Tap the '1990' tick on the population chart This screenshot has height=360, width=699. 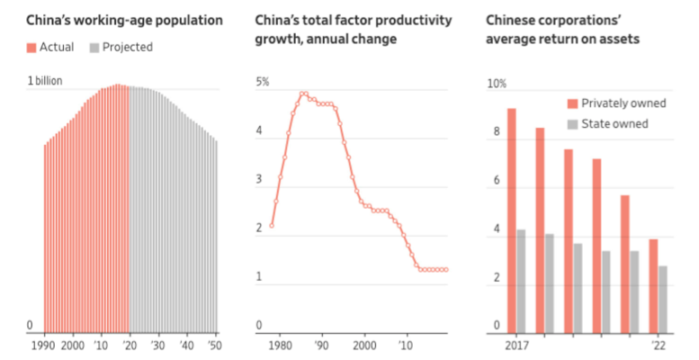44,346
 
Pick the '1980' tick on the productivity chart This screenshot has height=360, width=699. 281,346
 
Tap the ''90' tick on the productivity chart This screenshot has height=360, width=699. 322,346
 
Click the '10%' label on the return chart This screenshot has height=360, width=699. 497,83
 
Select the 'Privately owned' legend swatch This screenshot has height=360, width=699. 573,103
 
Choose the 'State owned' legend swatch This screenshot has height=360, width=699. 573,123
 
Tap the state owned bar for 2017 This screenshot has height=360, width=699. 521,280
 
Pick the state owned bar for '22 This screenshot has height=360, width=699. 663,298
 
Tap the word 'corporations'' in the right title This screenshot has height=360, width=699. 576,19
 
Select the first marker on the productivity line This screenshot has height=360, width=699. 272,225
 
